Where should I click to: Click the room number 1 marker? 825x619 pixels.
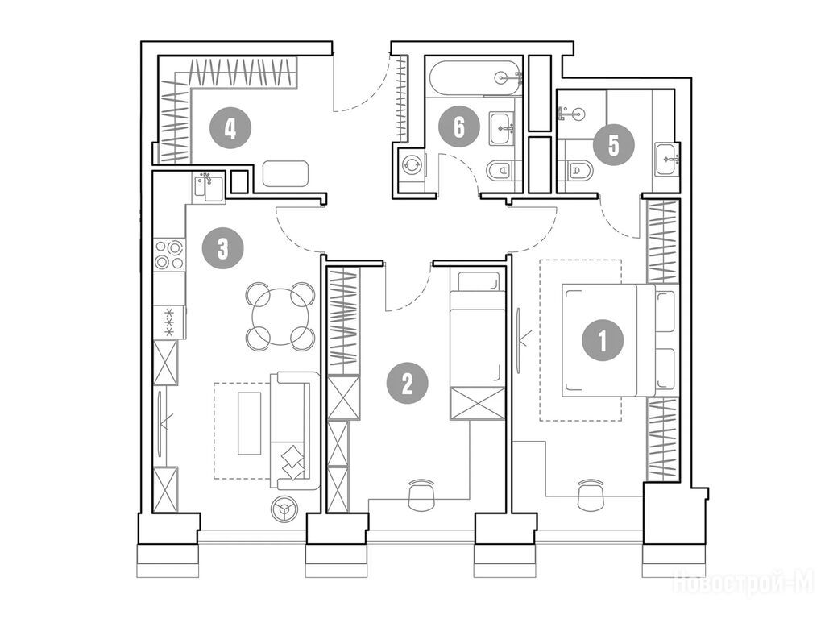[603, 341]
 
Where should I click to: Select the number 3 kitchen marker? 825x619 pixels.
[223, 248]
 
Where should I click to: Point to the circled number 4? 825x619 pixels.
[230, 128]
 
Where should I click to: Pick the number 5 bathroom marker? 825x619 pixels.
[613, 145]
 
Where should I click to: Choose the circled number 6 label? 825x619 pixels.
[458, 127]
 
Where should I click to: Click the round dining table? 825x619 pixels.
[281, 317]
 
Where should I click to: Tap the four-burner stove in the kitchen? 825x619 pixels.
[169, 255]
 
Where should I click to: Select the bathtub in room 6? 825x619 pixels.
[475, 78]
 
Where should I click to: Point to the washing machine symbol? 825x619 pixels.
[411, 164]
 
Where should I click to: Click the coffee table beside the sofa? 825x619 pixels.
[250, 423]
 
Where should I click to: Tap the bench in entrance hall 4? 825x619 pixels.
[285, 174]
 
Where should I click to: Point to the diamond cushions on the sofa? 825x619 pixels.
[292, 462]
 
